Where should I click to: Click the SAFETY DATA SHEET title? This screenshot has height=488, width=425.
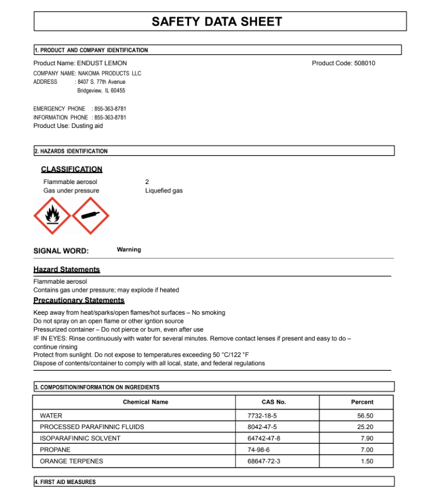click(x=217, y=22)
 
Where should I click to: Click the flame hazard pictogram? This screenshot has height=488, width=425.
click(x=53, y=216)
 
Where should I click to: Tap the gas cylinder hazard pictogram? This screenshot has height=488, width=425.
click(x=91, y=216)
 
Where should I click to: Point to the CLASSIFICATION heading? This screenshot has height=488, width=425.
click(x=72, y=169)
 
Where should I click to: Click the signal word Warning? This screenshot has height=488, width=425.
click(x=129, y=250)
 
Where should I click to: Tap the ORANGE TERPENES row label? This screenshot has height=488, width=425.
click(x=71, y=461)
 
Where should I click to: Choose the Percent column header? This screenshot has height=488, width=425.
click(x=362, y=402)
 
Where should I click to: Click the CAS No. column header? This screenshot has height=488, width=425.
click(x=274, y=402)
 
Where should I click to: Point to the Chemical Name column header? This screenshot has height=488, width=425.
click(x=145, y=402)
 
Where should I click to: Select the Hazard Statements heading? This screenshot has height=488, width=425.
click(x=67, y=269)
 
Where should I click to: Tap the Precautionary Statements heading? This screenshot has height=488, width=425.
click(x=79, y=300)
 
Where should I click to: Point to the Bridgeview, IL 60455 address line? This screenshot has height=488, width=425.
click(x=101, y=91)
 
